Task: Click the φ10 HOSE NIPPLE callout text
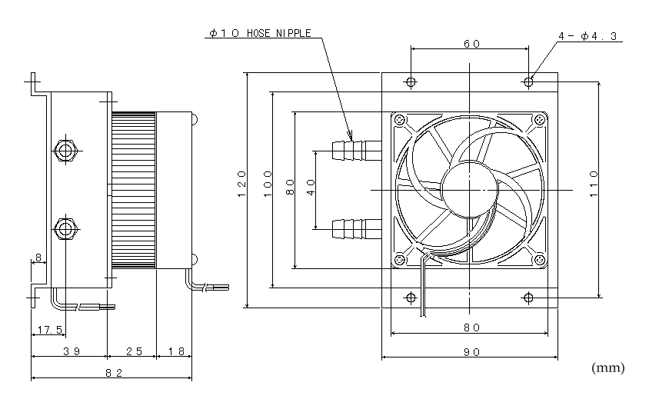click(260, 33)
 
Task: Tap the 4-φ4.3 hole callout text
click(587, 36)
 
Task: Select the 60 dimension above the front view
click(471, 44)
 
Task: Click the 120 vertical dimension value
click(241, 184)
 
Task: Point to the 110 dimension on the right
click(594, 184)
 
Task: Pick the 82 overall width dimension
click(114, 372)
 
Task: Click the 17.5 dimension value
click(49, 330)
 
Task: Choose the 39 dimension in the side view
click(72, 351)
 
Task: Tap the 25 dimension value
click(134, 351)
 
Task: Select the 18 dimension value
click(176, 351)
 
